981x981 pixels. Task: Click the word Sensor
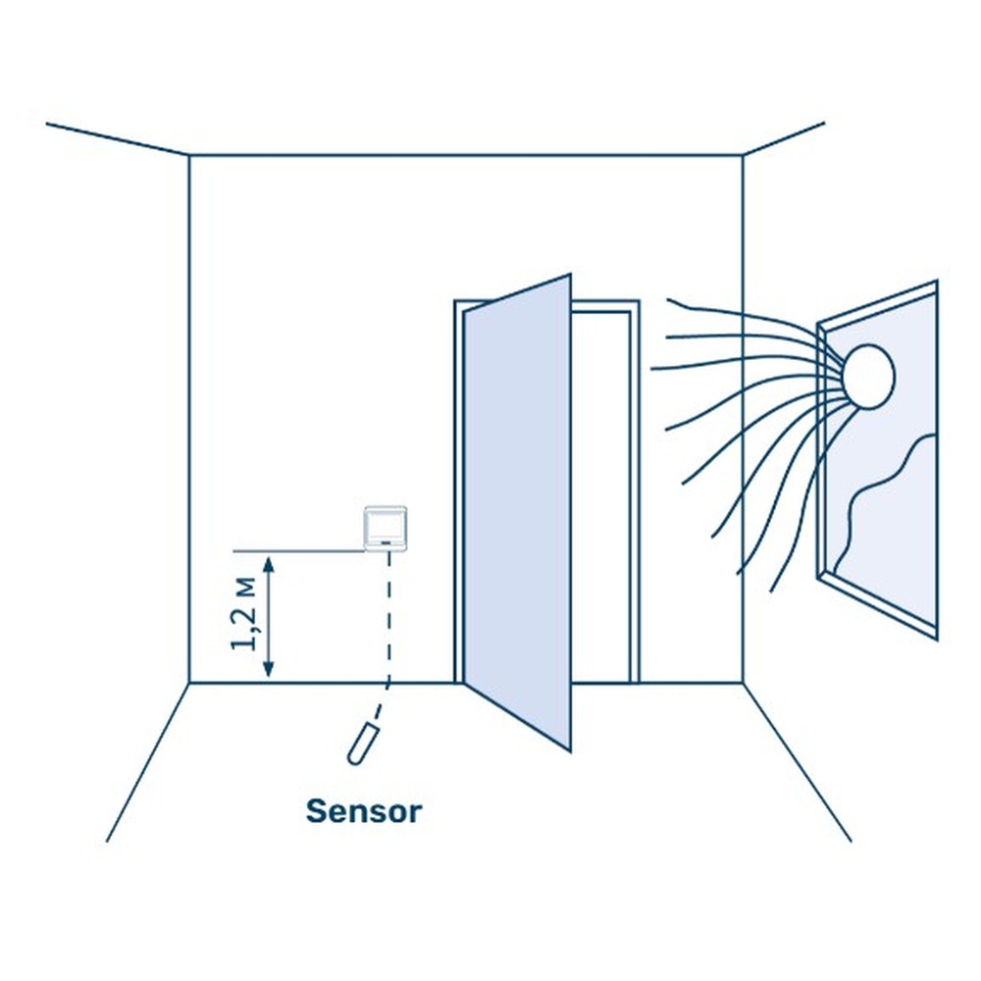[364, 811]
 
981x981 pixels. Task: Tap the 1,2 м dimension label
[244, 615]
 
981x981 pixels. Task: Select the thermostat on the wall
[386, 529]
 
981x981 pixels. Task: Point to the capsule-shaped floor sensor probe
[361, 742]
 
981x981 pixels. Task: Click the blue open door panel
[517, 510]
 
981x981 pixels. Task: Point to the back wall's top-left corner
[189, 155]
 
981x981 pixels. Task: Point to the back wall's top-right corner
[743, 155]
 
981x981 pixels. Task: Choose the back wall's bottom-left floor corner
[189, 683]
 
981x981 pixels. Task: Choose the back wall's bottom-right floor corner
[743, 683]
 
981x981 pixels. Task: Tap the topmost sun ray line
[746, 312]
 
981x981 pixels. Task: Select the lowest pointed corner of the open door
[569, 750]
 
